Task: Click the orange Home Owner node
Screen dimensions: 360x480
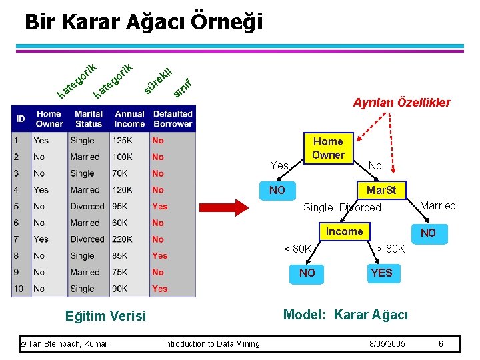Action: pos(328,148)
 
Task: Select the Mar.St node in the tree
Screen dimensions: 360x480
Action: pos(381,190)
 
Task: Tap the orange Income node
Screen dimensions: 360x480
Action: pos(344,231)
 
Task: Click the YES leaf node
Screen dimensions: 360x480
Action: pos(381,273)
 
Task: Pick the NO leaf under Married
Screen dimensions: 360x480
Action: pos(428,233)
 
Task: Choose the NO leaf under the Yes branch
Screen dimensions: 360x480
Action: pos(277,190)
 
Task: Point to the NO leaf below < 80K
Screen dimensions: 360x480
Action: pos(307,273)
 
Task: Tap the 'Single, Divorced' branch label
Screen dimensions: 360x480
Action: pos(342,208)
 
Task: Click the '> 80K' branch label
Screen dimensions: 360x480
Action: pos(391,249)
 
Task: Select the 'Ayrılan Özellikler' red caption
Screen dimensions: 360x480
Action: pos(401,103)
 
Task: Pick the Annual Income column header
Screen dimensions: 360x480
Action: pos(129,119)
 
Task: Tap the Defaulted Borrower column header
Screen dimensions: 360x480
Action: pos(173,119)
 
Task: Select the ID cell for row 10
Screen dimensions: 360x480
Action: pos(20,289)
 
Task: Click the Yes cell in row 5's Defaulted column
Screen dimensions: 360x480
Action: pos(159,206)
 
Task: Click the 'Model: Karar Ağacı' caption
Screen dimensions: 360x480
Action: pos(345,315)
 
